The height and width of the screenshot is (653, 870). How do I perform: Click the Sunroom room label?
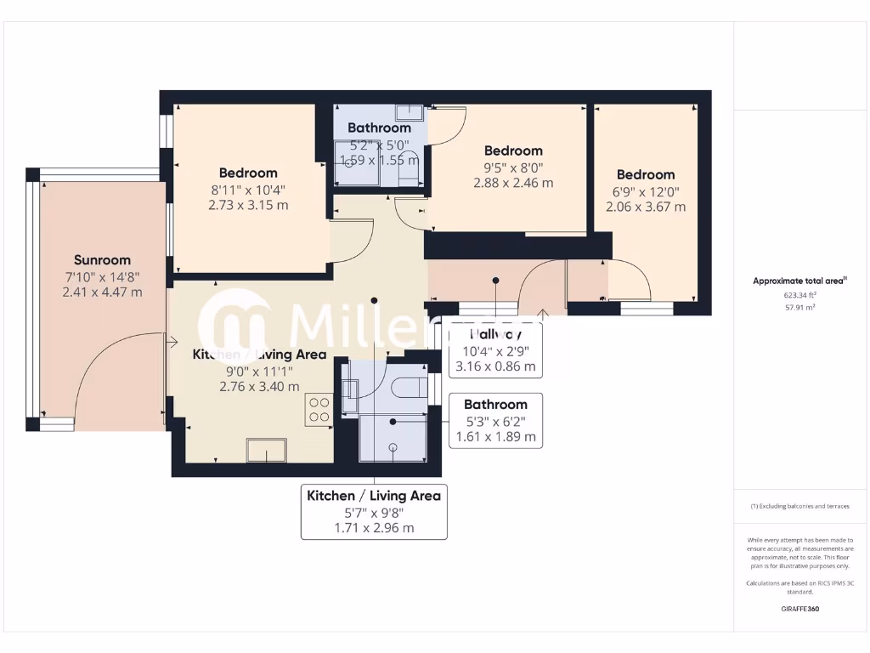coord(102,260)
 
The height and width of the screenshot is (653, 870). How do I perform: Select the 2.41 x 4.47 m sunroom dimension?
coord(102,292)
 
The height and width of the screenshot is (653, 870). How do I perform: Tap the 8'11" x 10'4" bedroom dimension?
coord(248,189)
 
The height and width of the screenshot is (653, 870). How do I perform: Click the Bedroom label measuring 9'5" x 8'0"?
coord(513,150)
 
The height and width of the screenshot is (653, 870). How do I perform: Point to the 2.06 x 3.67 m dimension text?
coord(646,207)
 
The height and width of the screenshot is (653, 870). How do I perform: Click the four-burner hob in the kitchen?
coord(319,409)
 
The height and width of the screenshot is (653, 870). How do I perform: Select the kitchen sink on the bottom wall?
coord(266,450)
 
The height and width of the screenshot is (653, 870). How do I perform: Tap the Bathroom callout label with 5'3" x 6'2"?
coord(495,405)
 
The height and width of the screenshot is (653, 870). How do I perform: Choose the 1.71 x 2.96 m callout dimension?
coord(374,528)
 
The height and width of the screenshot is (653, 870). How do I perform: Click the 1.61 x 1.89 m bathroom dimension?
coord(496,437)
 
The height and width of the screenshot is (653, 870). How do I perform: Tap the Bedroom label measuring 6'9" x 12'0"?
coord(646,174)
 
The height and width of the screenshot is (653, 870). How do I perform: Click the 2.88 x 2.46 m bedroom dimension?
coord(513,183)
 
